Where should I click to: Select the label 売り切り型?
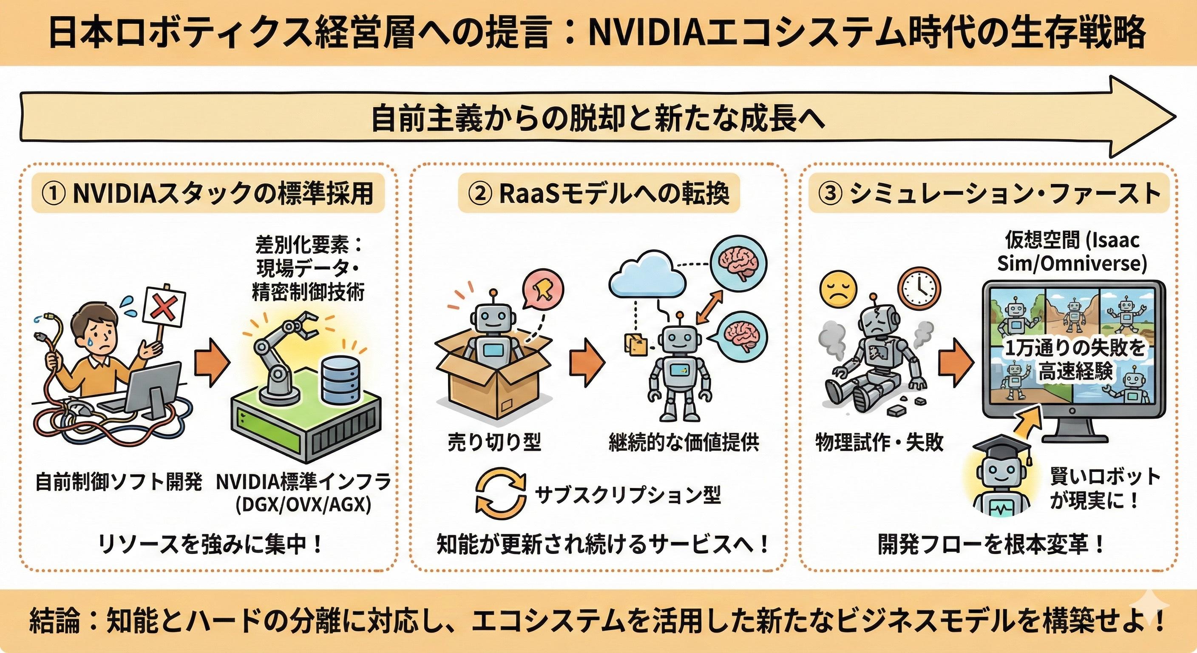tap(494, 443)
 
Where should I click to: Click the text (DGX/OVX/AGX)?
tap(303, 505)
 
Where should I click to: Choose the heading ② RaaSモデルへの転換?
tap(598, 194)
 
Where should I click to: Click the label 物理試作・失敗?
tap(879, 443)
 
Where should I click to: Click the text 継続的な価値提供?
tap(684, 443)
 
